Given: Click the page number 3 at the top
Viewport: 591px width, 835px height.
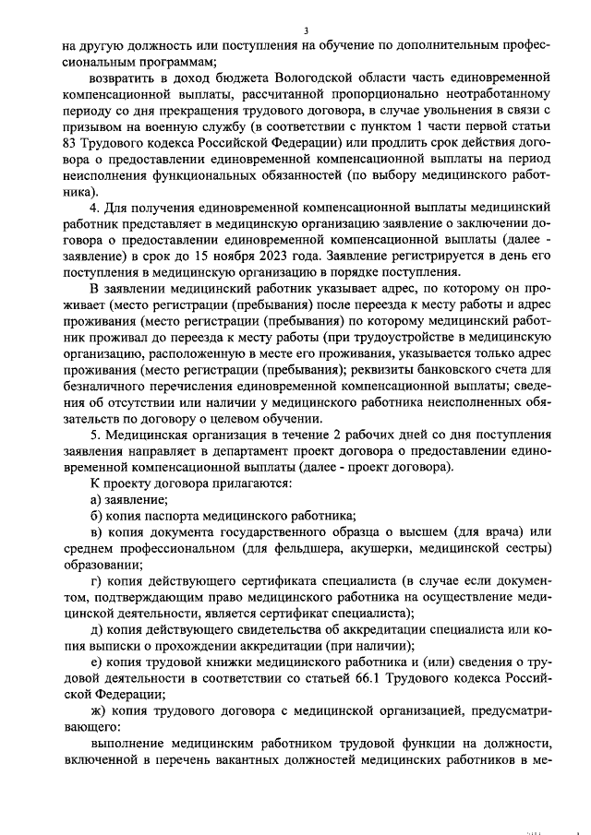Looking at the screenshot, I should pyautogui.click(x=305, y=30).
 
